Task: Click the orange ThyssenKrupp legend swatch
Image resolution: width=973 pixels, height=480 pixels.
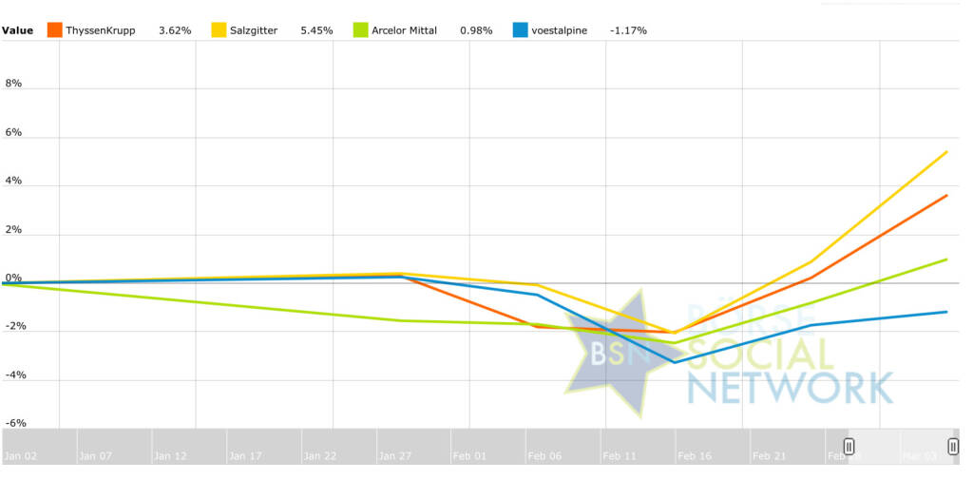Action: [54, 30]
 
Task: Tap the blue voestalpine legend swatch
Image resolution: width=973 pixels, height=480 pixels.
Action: [521, 30]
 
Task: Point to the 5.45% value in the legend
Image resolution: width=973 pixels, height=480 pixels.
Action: [316, 30]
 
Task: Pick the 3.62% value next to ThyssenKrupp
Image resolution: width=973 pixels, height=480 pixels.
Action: [175, 30]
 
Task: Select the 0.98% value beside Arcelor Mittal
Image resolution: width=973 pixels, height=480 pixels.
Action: [476, 30]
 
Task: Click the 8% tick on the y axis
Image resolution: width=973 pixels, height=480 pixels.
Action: [13, 84]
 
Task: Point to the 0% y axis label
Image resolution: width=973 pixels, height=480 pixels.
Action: [13, 278]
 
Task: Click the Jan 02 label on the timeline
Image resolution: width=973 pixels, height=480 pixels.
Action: [20, 456]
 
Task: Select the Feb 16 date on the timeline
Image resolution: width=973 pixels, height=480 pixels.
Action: [695, 456]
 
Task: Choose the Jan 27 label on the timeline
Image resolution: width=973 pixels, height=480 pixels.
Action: [395, 456]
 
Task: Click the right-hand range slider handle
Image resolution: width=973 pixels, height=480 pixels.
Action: [953, 447]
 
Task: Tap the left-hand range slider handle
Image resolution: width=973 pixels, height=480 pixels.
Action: [849, 447]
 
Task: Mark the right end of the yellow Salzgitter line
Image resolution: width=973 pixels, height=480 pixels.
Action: [947, 151]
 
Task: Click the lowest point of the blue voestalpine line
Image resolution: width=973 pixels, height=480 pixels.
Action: [676, 362]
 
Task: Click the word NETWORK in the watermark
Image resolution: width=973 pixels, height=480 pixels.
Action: [791, 387]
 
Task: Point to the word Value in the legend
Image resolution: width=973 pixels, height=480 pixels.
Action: [17, 30]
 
